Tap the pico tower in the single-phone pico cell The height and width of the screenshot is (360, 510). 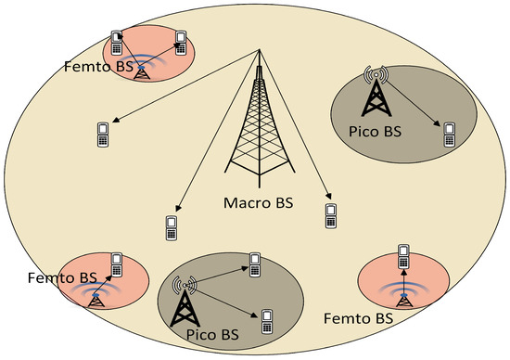(x=376, y=90)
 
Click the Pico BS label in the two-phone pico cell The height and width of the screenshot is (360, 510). (x=207, y=331)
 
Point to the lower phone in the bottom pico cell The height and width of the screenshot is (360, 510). (x=266, y=321)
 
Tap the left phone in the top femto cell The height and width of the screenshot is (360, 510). (x=118, y=42)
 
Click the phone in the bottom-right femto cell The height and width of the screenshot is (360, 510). (x=404, y=254)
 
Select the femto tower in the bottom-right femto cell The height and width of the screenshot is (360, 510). (x=404, y=296)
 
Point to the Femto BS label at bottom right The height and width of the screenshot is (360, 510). (x=359, y=318)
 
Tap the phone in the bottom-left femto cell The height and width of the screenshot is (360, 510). (x=118, y=264)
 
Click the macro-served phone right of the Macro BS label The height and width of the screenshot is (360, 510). (x=330, y=215)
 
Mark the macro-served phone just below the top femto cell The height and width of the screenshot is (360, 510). (x=104, y=134)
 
